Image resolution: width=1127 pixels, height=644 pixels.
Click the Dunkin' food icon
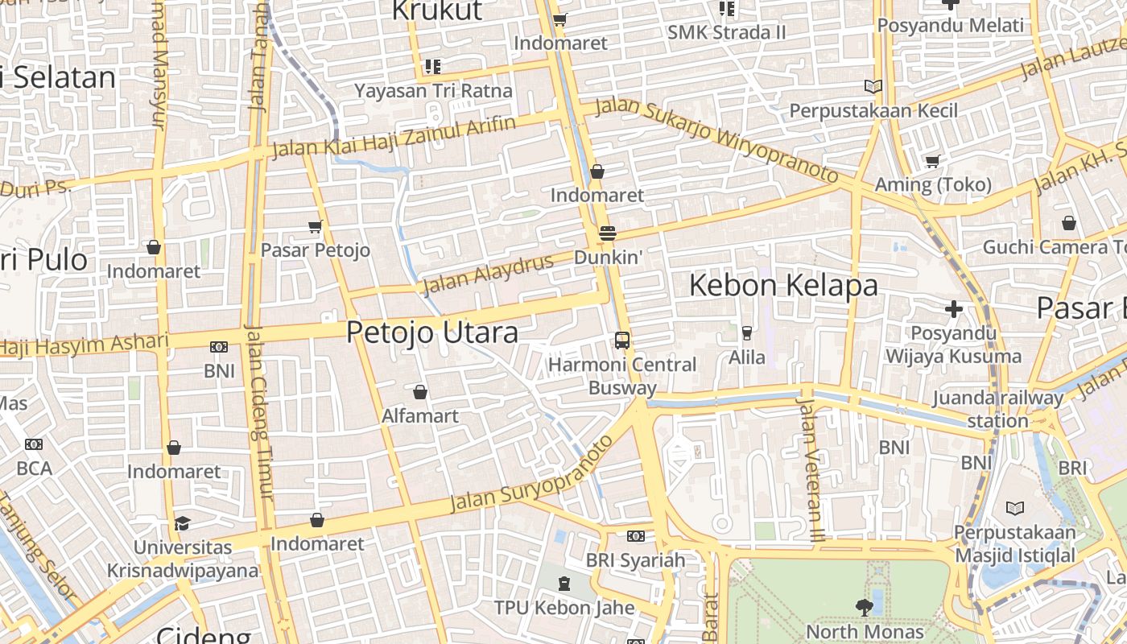[608, 233]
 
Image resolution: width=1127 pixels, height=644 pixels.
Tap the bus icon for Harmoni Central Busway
[622, 340]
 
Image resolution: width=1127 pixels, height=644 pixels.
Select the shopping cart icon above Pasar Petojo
[316, 227]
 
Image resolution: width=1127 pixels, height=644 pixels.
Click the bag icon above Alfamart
[419, 392]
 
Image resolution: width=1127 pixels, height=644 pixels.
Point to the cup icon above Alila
[747, 332]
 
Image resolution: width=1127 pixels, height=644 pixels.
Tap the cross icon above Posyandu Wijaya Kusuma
[954, 308]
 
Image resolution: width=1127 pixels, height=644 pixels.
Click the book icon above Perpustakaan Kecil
[873, 86]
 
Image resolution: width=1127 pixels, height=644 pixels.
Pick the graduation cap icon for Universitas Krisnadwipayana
[182, 523]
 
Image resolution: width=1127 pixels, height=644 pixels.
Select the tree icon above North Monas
[864, 607]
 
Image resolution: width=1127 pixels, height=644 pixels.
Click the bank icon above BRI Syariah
[635, 536]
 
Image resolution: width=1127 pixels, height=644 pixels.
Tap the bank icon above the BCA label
[33, 444]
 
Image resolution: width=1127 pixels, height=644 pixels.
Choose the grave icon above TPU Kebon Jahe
[564, 583]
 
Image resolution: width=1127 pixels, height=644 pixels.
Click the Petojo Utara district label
[432, 332]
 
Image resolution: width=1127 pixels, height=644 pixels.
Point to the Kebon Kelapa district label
[783, 285]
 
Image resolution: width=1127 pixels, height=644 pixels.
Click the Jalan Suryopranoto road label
[531, 476]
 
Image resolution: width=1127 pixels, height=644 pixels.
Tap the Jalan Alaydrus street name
[488, 274]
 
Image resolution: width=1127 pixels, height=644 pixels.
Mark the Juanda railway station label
[997, 409]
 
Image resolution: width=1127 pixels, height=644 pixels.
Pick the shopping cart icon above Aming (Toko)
[933, 161]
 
